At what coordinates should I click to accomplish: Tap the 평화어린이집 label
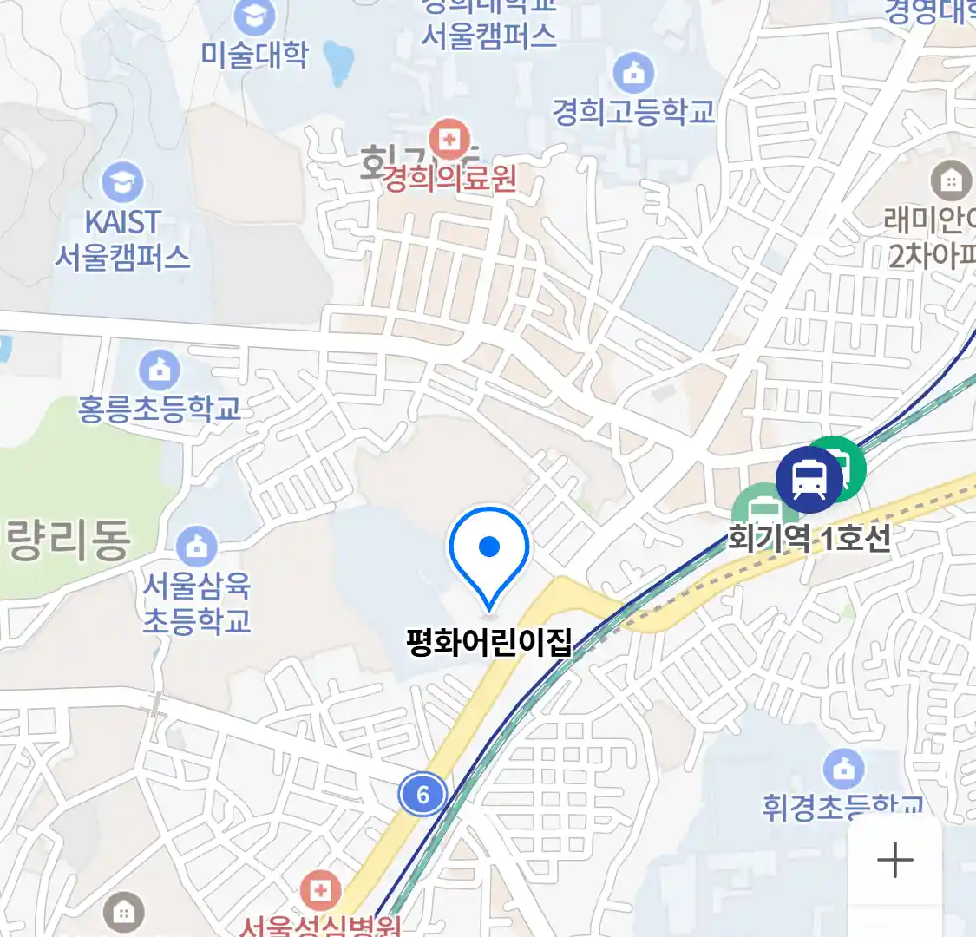[x=489, y=643]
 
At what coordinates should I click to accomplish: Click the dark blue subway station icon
[x=809, y=477]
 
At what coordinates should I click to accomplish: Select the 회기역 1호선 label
[x=809, y=539]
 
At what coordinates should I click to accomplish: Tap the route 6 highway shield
[x=422, y=794]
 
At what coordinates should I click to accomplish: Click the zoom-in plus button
[x=894, y=861]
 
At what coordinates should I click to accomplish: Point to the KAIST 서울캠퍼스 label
[x=122, y=239]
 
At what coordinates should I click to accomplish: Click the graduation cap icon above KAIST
[x=122, y=182]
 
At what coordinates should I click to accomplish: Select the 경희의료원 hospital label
[x=449, y=180]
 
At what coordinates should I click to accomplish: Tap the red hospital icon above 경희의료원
[x=449, y=139]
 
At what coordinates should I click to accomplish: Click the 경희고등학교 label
[x=633, y=112]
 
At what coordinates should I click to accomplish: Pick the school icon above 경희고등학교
[x=633, y=74]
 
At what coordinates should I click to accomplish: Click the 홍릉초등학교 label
[x=160, y=409]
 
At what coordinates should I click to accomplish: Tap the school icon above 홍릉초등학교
[x=160, y=371]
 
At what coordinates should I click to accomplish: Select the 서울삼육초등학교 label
[x=197, y=604]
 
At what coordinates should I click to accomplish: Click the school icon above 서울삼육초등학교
[x=197, y=547]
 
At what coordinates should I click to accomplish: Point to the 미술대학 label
[x=254, y=55]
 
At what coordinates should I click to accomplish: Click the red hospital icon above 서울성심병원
[x=320, y=891]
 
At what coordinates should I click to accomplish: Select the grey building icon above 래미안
[x=951, y=181]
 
